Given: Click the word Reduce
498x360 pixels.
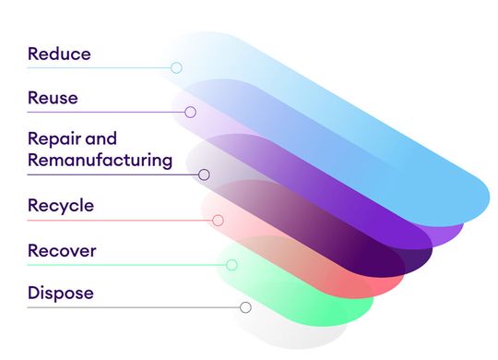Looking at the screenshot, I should [x=59, y=54].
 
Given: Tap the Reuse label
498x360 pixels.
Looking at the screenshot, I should [x=53, y=97].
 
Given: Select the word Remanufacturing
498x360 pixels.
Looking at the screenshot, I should [x=100, y=160].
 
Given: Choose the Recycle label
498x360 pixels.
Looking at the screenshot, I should [x=61, y=205].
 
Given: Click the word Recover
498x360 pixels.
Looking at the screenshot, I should [x=62, y=250].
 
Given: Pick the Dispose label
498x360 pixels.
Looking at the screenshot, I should [x=60, y=294].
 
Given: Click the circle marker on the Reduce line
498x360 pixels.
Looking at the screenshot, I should [x=176, y=67].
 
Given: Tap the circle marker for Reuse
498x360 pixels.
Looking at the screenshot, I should [x=190, y=112].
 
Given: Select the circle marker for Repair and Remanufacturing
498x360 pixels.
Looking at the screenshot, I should [x=204, y=174].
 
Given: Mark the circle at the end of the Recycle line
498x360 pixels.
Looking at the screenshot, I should [x=218, y=221].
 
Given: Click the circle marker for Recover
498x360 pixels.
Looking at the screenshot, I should [x=231, y=265].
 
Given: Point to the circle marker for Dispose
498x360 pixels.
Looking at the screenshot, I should [x=245, y=307].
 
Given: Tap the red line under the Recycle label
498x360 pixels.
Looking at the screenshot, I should [x=120, y=221].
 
